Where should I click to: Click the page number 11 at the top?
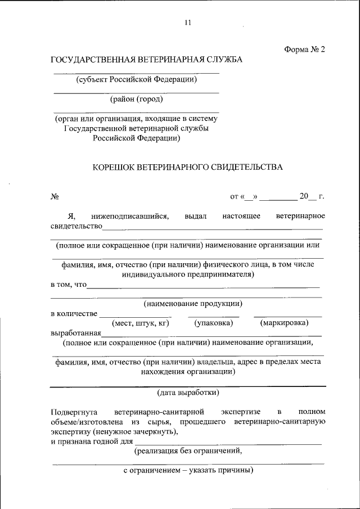[x=188, y=23]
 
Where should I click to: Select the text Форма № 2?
[x=305, y=49]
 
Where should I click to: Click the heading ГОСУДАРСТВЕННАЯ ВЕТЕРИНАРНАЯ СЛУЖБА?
[x=146, y=60]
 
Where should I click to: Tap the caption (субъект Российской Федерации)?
[x=137, y=79]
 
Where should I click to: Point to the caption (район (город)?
[x=137, y=100]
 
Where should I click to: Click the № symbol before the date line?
[x=55, y=197]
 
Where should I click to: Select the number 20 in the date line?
[x=304, y=196]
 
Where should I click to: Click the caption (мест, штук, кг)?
[x=141, y=323]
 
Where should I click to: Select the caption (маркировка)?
[x=284, y=323]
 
